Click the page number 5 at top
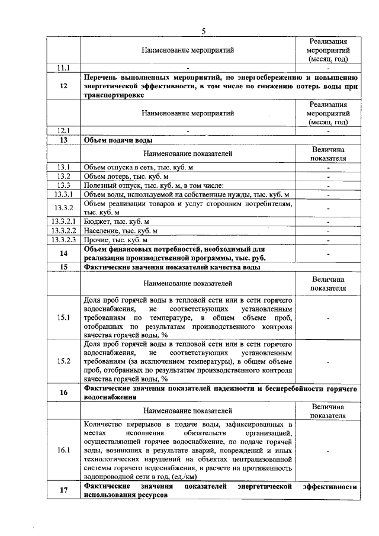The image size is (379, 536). pos(203,31)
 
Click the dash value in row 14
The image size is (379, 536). pos(327,253)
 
